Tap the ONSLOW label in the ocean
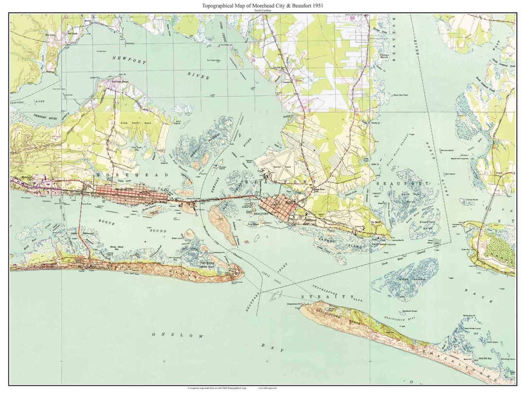(167, 335)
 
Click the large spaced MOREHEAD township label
(132, 175)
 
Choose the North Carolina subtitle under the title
(262, 10)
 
